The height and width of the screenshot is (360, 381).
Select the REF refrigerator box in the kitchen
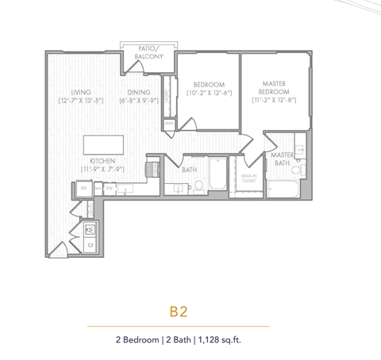(x=83, y=189)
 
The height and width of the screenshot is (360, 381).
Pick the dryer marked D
(x=89, y=245)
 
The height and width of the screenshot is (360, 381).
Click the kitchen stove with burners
(x=151, y=170)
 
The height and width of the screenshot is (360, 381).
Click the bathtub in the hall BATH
(x=216, y=175)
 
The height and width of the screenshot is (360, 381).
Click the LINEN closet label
(x=169, y=123)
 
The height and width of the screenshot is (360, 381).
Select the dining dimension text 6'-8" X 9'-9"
(x=139, y=101)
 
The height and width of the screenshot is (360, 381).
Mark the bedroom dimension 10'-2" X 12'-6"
(x=208, y=94)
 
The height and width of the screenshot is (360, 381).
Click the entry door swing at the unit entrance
(x=57, y=250)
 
